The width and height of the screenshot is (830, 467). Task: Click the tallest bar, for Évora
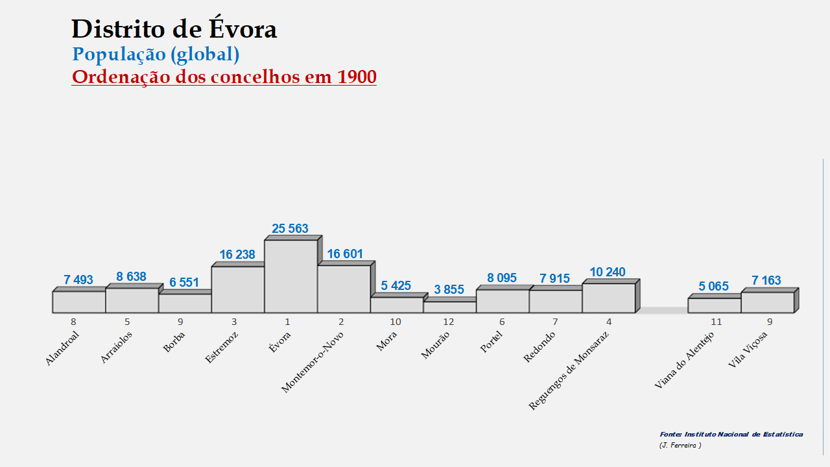(291, 276)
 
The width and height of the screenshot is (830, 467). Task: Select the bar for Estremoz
(238, 289)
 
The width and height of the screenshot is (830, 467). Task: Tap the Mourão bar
(449, 307)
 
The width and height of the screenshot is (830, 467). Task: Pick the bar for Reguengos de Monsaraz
(608, 298)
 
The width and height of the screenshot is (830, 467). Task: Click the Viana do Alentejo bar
(714, 305)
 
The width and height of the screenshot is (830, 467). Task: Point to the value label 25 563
(290, 228)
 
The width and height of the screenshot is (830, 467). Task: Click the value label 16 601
(345, 254)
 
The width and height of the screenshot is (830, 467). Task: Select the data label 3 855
(449, 290)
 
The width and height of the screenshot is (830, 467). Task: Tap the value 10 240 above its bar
(608, 272)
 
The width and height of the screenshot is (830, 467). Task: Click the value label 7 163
(766, 281)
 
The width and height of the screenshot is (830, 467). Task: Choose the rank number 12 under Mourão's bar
(449, 322)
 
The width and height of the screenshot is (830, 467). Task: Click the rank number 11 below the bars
(716, 322)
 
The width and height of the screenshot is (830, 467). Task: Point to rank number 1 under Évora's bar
(288, 322)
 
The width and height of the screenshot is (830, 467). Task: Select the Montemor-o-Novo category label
(313, 362)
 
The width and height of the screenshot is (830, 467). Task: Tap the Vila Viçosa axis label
(748, 350)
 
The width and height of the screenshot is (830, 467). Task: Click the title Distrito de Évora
(174, 29)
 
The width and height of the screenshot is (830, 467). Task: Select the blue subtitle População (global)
(156, 54)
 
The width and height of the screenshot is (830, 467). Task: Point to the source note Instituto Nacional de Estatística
(731, 435)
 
